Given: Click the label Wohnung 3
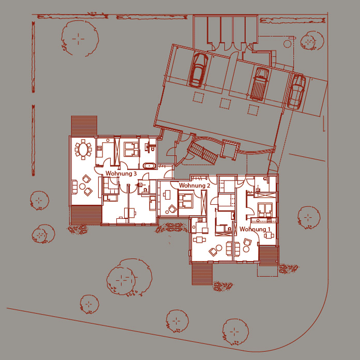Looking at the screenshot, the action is (121, 173).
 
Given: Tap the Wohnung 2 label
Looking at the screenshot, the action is (194, 185).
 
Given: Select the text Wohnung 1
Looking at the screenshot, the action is (255, 229).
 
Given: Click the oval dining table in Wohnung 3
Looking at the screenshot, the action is (83, 149).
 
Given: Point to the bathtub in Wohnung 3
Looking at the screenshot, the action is (149, 166).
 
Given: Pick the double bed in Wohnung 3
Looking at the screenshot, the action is (131, 149).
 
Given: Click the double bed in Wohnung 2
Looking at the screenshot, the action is (186, 201).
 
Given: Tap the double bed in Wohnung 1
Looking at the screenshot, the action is (265, 210).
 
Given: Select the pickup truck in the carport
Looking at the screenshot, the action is (259, 84).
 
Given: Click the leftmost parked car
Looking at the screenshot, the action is (198, 70).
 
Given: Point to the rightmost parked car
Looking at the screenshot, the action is (296, 92).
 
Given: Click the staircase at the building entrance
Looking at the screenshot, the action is (203, 153).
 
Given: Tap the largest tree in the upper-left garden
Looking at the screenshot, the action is (79, 38).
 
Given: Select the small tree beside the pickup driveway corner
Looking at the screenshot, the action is (311, 41).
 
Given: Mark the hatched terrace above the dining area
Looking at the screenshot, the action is (84, 126).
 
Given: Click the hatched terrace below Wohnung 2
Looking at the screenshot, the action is (202, 274).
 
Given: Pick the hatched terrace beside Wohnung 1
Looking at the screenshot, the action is (268, 256).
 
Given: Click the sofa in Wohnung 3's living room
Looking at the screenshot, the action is (74, 187).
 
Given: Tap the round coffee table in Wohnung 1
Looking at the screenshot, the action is (246, 249).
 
